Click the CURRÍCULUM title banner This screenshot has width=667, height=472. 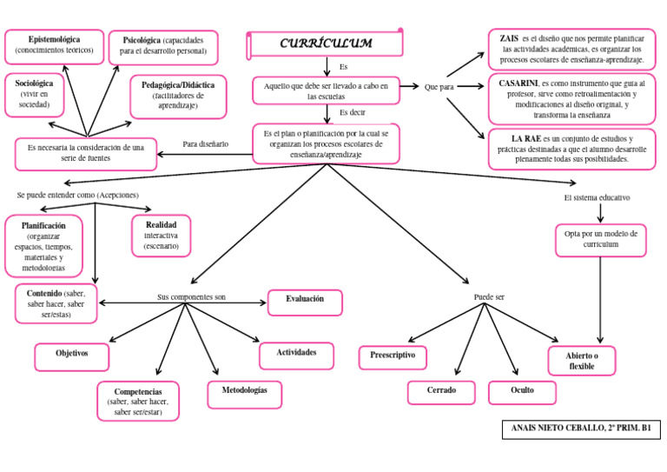(326, 43)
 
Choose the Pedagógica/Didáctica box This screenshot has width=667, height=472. (178, 96)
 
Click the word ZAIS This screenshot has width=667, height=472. (510, 39)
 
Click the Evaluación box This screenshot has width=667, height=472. (304, 301)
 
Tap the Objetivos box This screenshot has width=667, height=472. (73, 356)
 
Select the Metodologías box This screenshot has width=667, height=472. (245, 393)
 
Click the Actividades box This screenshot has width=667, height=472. (297, 355)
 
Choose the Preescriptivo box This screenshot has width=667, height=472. (393, 356)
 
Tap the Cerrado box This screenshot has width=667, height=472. (441, 392)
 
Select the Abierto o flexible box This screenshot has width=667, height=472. (582, 361)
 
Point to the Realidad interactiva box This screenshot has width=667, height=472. (161, 236)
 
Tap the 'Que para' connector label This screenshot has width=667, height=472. (439, 87)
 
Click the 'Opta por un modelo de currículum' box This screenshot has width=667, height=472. (600, 239)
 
